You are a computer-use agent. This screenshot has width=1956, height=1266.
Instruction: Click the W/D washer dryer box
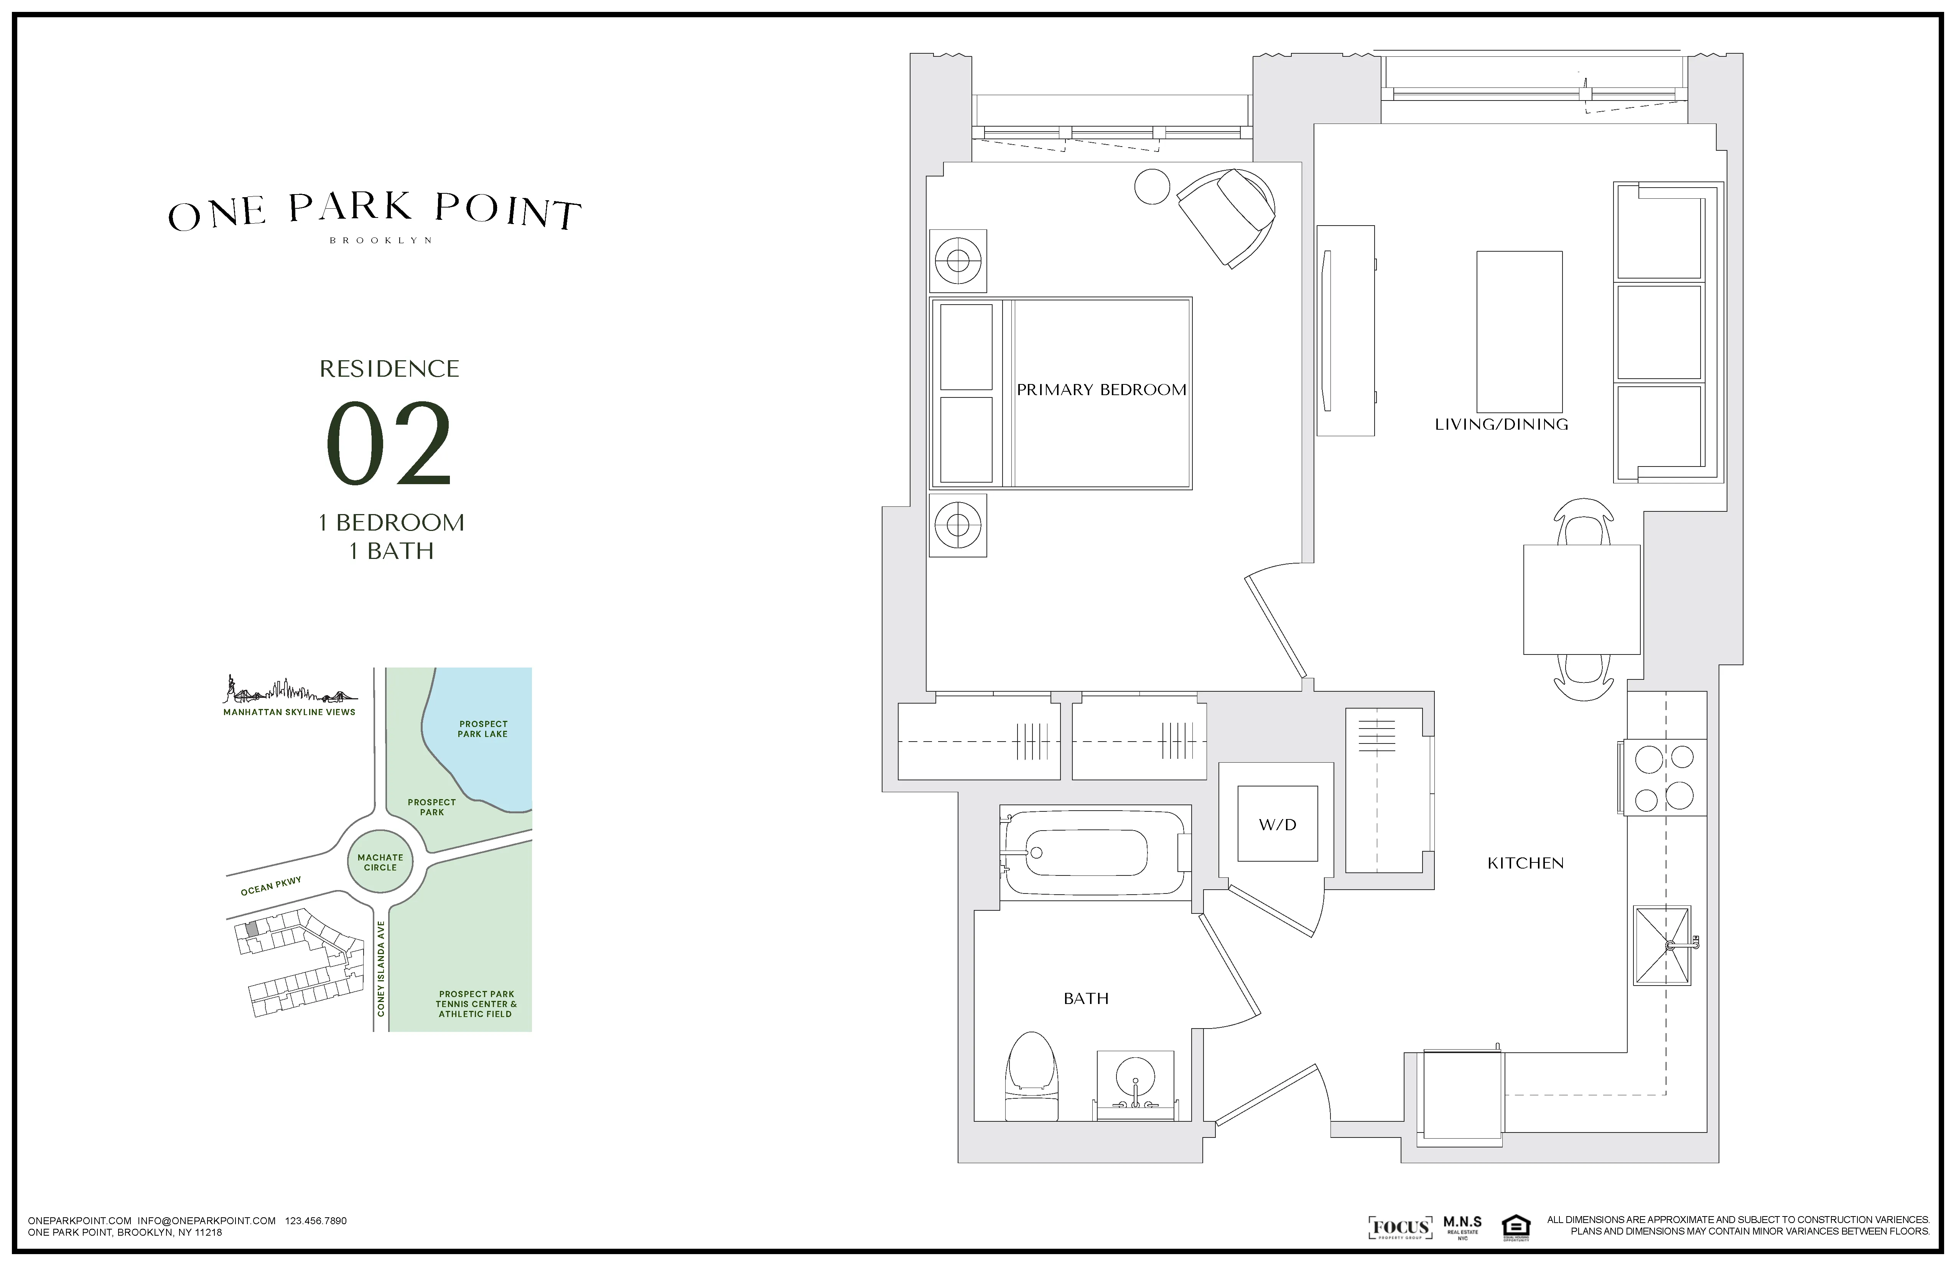point(1277,824)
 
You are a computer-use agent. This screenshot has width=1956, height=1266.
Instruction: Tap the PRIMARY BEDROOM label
point(1101,390)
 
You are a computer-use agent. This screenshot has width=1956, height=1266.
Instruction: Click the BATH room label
point(1086,998)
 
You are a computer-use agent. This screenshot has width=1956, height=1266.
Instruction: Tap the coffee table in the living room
point(1519,331)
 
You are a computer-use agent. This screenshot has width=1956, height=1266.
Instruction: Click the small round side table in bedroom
point(1151,186)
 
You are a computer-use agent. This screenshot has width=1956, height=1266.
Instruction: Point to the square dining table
point(1581,599)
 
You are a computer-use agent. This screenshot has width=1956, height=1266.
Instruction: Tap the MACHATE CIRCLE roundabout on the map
point(380,862)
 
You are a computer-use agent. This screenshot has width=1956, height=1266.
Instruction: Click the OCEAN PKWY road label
point(270,885)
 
